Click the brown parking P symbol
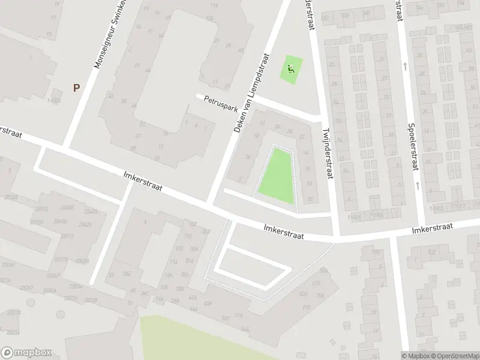76,88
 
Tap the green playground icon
291,69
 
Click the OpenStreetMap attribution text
454,355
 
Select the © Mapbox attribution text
415,355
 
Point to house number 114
214,5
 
